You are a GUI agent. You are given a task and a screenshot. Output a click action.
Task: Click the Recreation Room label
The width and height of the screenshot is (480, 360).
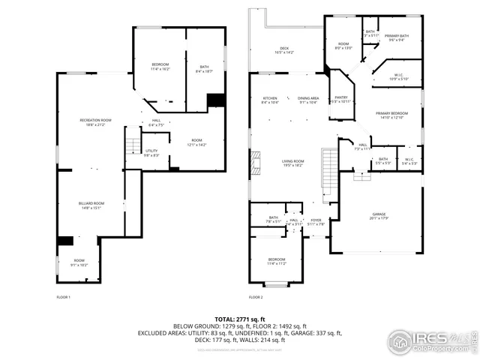[96, 120]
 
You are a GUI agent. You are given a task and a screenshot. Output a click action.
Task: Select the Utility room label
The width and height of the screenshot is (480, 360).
[151, 151]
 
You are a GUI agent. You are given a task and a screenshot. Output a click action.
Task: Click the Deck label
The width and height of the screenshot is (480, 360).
[284, 49]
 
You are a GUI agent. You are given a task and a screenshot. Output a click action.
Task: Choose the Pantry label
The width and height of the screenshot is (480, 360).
[340, 98]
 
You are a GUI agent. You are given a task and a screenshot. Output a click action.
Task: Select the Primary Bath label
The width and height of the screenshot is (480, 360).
[396, 36]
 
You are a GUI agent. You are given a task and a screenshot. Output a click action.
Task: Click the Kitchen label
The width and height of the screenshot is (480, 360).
[269, 99]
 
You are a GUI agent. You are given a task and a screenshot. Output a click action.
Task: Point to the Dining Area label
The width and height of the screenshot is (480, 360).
[308, 99]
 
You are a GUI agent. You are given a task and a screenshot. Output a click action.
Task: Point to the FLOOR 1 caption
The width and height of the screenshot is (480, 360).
[64, 298]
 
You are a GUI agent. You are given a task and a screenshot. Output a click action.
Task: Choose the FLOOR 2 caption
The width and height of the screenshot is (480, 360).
[256, 298]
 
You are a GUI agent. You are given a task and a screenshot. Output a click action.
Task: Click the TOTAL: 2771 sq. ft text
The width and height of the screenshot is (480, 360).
[240, 319]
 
